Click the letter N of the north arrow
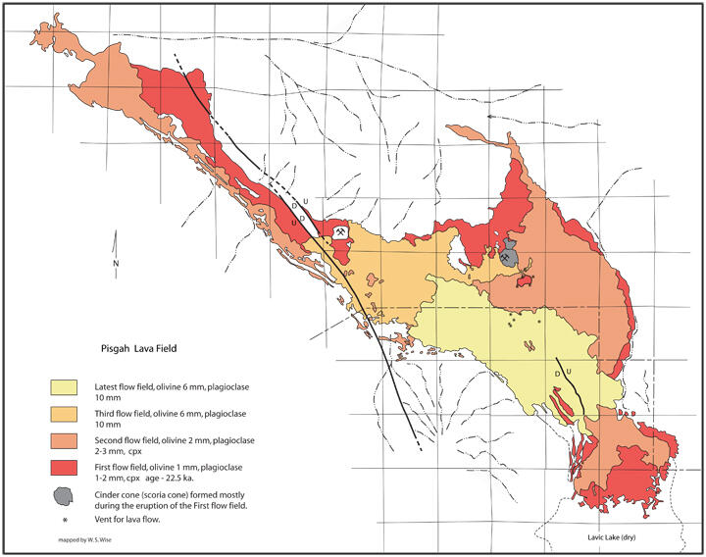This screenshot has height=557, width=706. coord(116,264)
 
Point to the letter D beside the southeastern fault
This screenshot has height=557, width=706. coord(557,373)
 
